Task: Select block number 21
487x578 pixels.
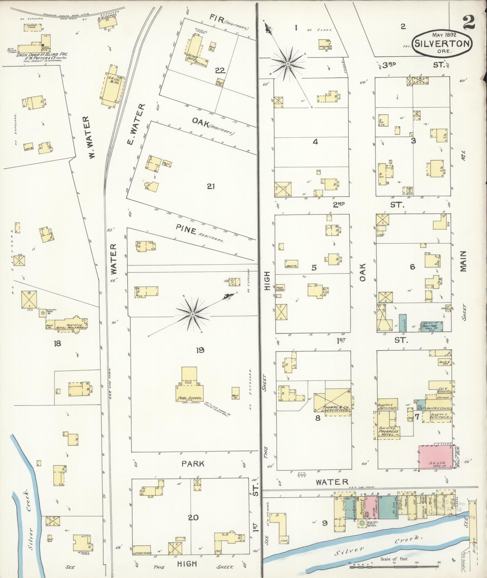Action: (x=210, y=186)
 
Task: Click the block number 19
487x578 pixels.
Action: (x=200, y=350)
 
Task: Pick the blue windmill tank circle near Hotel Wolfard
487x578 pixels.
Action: (x=43, y=313)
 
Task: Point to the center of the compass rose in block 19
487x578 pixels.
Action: (x=192, y=315)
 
